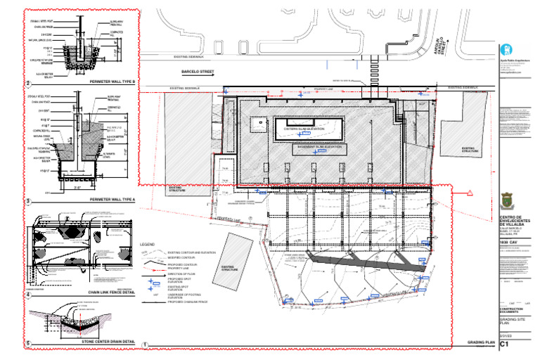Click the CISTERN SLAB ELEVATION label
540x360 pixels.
[x=304, y=129]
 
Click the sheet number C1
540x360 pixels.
[x=504, y=345]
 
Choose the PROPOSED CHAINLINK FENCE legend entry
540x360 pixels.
[x=190, y=303]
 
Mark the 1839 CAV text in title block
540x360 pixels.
[x=509, y=243]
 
